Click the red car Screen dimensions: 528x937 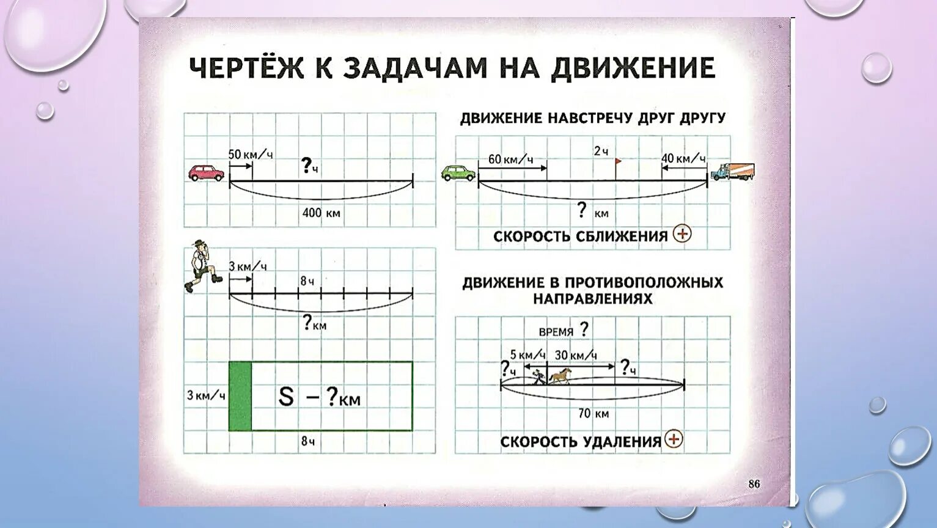click(x=207, y=173)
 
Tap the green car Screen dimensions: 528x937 click(x=458, y=173)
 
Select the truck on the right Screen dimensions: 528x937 click(x=732, y=172)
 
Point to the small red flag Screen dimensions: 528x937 click(x=618, y=162)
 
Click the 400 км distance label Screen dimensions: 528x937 click(x=321, y=213)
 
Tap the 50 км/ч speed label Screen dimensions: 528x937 click(x=250, y=155)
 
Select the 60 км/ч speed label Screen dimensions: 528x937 click(x=510, y=159)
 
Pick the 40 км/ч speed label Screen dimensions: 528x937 click(x=683, y=159)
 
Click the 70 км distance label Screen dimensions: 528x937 click(x=593, y=414)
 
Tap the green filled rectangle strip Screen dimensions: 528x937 click(x=240, y=396)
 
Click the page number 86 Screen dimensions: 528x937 click(x=754, y=484)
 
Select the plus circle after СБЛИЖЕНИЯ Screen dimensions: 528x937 click(x=682, y=233)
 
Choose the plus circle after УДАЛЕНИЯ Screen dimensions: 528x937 click(x=674, y=439)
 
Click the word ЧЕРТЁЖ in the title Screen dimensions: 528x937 click(x=246, y=68)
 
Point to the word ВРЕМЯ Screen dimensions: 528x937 click(x=556, y=332)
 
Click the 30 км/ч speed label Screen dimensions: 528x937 click(x=576, y=355)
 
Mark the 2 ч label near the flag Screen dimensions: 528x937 click(x=601, y=152)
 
